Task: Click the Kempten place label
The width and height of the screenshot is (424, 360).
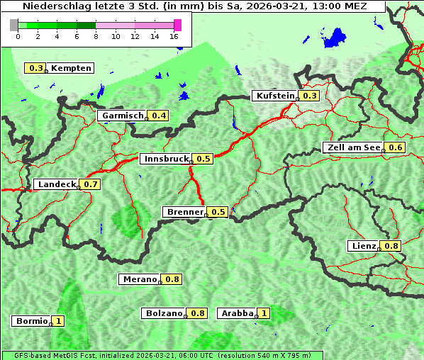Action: click(x=71, y=68)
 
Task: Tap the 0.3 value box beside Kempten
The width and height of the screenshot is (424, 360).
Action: click(x=35, y=68)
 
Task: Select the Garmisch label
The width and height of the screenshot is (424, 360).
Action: click(x=123, y=116)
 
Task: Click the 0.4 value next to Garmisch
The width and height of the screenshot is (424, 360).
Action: click(x=159, y=116)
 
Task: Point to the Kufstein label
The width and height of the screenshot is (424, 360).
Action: click(x=274, y=96)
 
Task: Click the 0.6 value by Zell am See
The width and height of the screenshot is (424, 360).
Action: click(x=395, y=147)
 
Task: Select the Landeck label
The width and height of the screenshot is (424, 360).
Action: click(x=56, y=184)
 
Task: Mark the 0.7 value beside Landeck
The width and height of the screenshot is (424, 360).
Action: click(x=91, y=184)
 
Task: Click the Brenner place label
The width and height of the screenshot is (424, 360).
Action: click(x=184, y=212)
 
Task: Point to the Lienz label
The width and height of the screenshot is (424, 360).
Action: click(x=364, y=246)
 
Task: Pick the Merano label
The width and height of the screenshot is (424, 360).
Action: click(x=139, y=279)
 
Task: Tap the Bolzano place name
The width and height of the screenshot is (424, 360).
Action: click(x=164, y=313)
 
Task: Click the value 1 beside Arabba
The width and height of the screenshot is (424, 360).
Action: click(x=264, y=313)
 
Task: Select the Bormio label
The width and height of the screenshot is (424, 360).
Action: click(x=31, y=321)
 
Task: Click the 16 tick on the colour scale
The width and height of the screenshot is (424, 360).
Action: click(x=174, y=36)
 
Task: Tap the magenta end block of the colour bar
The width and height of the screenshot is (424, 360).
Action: click(x=177, y=25)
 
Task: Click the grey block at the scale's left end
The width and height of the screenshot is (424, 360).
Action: click(x=14, y=25)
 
